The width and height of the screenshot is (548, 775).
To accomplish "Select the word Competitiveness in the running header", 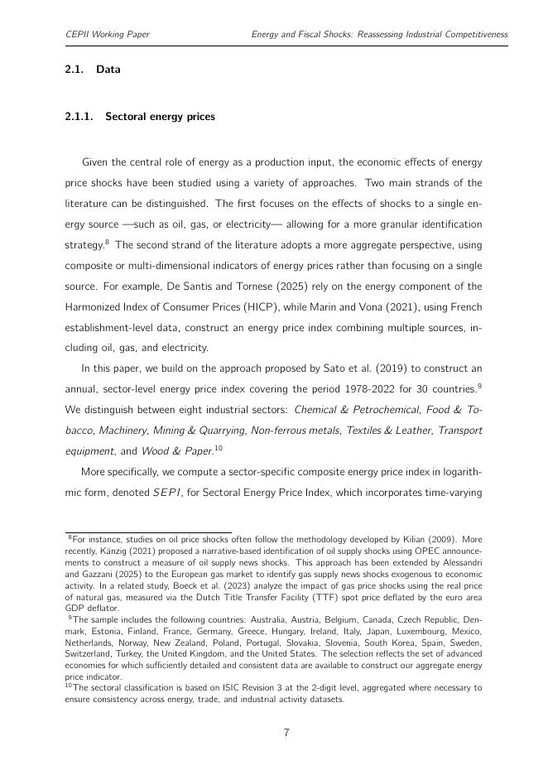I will coord(469,35).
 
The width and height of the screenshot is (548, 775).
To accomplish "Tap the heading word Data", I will coord(108,70).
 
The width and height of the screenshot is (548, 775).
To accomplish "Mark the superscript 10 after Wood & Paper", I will coord(219,448).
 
